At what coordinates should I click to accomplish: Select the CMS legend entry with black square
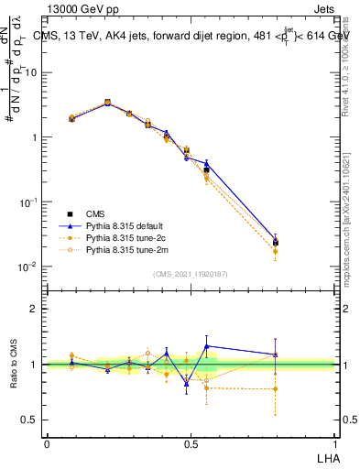pyautogui.click(x=98, y=212)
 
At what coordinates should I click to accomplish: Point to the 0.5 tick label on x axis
pyautogui.click(x=191, y=444)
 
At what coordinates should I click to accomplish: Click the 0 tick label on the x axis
pyautogui.click(x=47, y=444)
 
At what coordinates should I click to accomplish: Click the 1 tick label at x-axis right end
pyautogui.click(x=334, y=444)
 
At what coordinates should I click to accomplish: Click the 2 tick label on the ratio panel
pyautogui.click(x=34, y=309)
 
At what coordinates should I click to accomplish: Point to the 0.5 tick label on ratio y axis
pyautogui.click(x=30, y=420)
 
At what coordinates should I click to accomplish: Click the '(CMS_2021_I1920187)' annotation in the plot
pyautogui.click(x=191, y=274)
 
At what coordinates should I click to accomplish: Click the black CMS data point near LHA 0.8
pyautogui.click(x=276, y=242)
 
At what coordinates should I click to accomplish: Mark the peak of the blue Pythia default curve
pyautogui.click(x=107, y=103)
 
